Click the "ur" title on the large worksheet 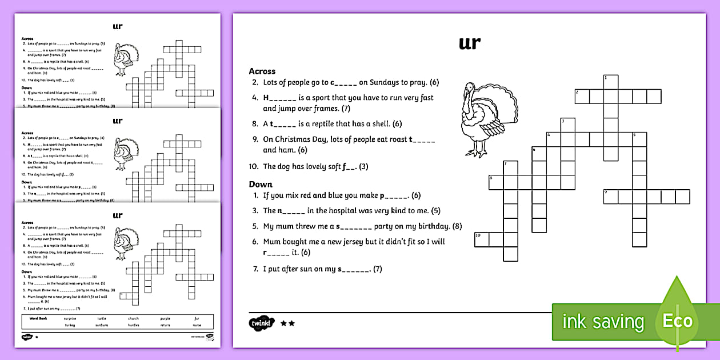coord(469,43)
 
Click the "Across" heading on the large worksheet coord(262,71)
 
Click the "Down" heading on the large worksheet coord(261,184)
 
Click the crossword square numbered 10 coord(482,239)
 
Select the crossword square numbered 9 coord(611,197)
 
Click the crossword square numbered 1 coord(611,82)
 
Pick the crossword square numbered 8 coord(496,182)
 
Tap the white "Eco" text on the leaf coord(677,321)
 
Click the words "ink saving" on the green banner coord(602,322)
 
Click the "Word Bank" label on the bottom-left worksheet coord(34,318)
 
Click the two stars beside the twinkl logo coord(287,323)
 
